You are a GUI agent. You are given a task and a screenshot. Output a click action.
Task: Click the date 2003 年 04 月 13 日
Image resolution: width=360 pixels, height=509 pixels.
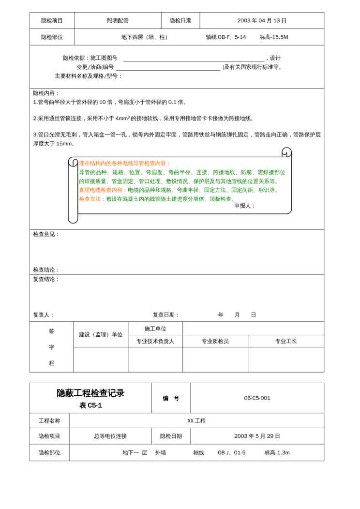coord(262,21)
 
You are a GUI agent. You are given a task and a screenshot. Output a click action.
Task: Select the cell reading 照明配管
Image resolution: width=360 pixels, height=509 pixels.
coord(118,21)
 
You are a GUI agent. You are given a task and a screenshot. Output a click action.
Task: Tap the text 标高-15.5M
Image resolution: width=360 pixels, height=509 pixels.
coord(273,37)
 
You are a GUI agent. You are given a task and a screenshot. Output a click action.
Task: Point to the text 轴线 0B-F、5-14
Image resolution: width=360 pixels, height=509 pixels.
coord(225,37)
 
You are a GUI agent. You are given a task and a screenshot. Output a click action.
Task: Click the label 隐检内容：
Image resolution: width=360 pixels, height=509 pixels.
coord(46,93)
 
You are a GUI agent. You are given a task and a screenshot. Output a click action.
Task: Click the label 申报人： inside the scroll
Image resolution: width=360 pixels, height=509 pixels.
coord(245,206)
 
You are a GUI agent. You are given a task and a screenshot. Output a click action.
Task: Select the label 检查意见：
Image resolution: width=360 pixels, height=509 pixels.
coord(46,234)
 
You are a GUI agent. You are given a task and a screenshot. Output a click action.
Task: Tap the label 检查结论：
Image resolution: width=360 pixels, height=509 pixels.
coord(46,270)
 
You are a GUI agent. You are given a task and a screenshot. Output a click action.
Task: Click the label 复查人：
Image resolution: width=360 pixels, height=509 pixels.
coord(44,315)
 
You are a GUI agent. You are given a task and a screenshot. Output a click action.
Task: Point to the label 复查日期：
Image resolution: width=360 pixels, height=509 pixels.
coord(166,315)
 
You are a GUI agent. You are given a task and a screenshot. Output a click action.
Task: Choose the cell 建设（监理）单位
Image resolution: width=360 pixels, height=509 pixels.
coord(101,334)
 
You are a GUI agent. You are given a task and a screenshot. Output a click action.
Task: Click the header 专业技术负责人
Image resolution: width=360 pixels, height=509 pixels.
coord(155,341)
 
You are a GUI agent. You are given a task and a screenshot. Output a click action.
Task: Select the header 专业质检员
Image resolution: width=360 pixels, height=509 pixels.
coord(215,341)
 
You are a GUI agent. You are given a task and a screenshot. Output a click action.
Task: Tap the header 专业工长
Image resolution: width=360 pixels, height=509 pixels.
coord(286,341)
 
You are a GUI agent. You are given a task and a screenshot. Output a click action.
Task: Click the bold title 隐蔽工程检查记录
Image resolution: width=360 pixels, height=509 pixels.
coord(90,393)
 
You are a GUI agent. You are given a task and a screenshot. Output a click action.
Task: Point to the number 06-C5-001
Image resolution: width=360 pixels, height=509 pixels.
coord(257,398)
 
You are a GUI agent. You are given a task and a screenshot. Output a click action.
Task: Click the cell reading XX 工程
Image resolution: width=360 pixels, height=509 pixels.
coord(196,421)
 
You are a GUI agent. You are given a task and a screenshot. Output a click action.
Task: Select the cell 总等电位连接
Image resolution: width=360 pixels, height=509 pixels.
coord(110,436)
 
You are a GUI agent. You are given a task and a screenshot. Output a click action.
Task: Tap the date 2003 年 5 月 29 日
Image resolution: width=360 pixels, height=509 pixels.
coord(257,436)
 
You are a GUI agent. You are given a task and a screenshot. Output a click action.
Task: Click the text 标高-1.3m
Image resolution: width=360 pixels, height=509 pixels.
coord(277,453)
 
